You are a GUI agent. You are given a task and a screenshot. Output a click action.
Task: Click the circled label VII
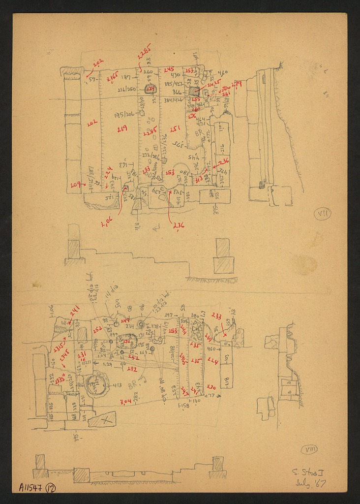tap(323, 213)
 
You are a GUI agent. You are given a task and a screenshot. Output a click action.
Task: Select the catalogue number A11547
tap(31, 487)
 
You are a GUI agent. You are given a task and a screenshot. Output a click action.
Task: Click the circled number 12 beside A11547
tap(51, 488)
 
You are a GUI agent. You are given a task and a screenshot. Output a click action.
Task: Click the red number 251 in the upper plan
tap(175, 129)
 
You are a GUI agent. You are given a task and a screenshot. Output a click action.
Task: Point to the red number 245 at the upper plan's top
tap(169, 69)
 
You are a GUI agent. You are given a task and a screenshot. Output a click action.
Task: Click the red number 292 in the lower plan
tap(132, 369)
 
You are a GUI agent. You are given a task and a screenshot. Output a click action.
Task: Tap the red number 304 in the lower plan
tap(125, 402)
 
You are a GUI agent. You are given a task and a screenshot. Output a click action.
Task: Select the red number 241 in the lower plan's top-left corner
tap(75, 310)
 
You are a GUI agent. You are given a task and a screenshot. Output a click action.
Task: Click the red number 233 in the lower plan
tap(216, 316)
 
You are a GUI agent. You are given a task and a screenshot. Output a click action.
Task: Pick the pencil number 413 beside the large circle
tap(117, 385)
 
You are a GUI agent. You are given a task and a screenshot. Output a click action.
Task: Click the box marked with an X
tap(102, 419)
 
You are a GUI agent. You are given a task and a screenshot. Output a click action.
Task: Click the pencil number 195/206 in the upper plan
tap(124, 115)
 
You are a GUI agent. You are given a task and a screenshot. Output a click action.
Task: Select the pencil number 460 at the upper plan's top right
tap(222, 73)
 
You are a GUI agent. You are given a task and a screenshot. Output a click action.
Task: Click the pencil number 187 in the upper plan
tap(126, 77)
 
